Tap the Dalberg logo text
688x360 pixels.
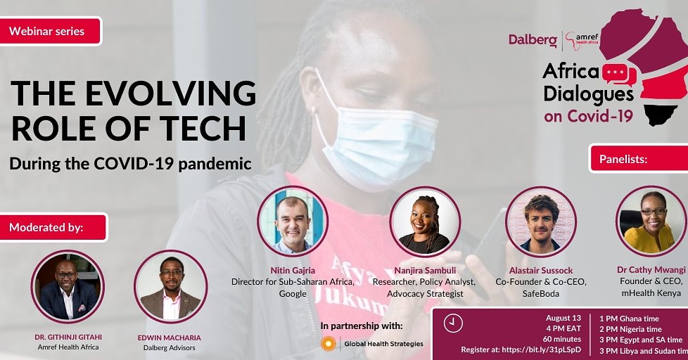[533, 40]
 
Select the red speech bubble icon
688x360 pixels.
[618, 74]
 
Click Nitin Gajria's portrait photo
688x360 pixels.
[292, 220]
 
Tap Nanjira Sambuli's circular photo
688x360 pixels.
[425, 221]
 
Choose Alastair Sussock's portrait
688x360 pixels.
[541, 221]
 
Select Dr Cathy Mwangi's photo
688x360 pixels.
[651, 221]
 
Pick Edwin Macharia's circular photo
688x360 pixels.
[170, 285]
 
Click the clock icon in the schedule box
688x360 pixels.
[454, 323]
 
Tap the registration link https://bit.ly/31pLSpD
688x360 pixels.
[542, 349]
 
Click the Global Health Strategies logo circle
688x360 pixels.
[327, 344]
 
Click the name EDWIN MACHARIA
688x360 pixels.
[170, 337]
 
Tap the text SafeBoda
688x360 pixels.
[541, 293]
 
